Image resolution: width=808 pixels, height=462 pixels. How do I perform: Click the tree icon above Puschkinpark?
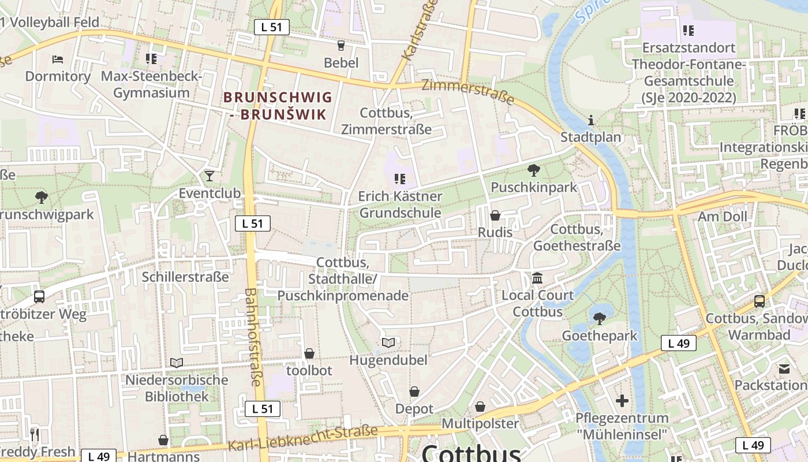(534, 170)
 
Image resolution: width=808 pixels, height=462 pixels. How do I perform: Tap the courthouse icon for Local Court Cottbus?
(537, 278)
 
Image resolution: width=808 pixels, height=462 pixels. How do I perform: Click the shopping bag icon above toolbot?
(309, 353)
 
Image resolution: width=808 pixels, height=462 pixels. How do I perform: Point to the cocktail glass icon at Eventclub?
(210, 176)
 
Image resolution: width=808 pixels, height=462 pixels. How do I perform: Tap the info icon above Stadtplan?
(590, 121)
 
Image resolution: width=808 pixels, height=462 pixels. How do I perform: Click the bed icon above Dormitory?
(57, 59)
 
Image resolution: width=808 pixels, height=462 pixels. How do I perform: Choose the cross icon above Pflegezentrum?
(622, 400)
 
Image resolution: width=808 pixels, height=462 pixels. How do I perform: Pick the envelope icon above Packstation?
(784, 368)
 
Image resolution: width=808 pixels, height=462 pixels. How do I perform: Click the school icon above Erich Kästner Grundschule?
(399, 179)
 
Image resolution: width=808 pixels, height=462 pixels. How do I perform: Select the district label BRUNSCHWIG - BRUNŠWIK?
(278, 106)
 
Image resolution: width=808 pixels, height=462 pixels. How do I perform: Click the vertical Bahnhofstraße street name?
(253, 337)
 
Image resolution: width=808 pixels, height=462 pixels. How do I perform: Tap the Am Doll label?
(722, 217)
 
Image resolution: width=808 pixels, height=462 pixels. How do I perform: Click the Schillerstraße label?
(185, 277)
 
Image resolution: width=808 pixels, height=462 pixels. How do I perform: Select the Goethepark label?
(600, 336)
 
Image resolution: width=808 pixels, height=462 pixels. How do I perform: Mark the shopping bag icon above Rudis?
(495, 215)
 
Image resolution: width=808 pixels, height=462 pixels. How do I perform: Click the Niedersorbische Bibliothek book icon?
(177, 363)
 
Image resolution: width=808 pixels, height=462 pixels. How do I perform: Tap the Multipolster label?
(480, 423)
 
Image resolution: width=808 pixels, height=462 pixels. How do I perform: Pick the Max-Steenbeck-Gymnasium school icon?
(151, 58)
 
